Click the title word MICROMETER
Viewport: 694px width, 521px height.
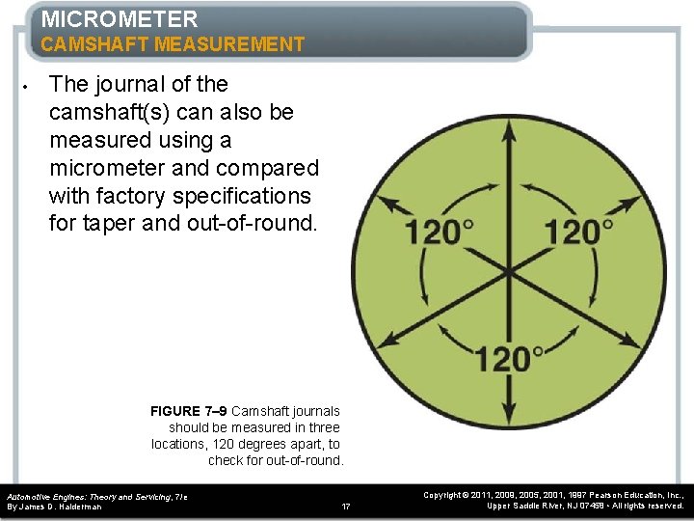(120, 18)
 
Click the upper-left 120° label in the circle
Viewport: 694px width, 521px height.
(439, 232)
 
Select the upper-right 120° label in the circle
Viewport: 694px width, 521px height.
(578, 232)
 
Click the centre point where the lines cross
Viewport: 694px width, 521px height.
(509, 273)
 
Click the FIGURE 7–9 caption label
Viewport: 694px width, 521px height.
(189, 411)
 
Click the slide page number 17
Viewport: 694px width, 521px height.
(347, 506)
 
